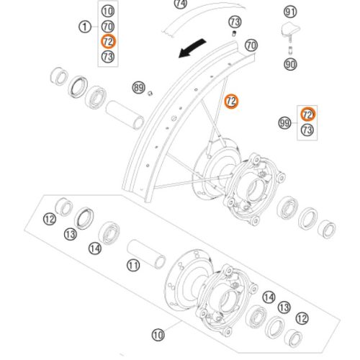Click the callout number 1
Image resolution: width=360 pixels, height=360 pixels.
(x=85, y=27)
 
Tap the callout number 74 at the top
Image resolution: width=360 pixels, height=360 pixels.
(x=181, y=4)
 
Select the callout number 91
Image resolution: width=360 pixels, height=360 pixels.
(x=290, y=12)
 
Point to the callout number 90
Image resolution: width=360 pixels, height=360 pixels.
(x=290, y=64)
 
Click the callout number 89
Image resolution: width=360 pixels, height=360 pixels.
(x=139, y=88)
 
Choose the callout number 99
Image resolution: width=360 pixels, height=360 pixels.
(x=284, y=123)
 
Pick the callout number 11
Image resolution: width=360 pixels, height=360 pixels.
(x=133, y=266)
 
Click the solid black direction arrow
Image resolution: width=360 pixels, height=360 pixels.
(x=192, y=48)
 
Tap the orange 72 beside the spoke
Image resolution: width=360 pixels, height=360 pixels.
(x=231, y=102)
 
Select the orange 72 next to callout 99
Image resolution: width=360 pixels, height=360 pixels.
(x=307, y=114)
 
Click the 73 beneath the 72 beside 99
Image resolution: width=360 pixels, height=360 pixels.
(x=307, y=130)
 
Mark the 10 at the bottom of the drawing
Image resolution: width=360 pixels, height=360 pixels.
(x=158, y=334)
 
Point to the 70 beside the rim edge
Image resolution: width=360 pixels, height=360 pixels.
(x=251, y=45)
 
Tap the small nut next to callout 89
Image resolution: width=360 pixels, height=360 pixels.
(x=150, y=94)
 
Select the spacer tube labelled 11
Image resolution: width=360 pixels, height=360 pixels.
(x=146, y=254)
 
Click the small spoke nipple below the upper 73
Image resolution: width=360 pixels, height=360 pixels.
(x=234, y=33)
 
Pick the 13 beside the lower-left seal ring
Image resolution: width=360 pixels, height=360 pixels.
(x=71, y=234)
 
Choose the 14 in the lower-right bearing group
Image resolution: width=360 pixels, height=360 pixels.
(x=269, y=297)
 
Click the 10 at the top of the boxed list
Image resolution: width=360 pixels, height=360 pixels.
(x=108, y=11)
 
